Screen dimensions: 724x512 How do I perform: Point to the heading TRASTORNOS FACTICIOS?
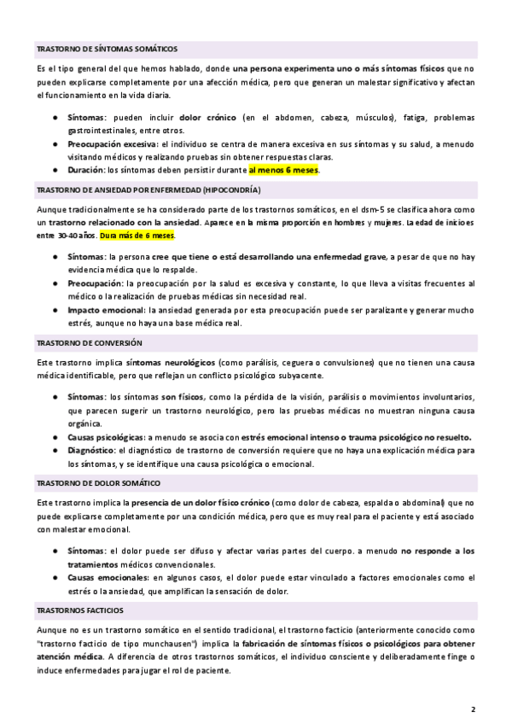point(80,610)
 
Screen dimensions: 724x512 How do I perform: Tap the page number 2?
point(474,709)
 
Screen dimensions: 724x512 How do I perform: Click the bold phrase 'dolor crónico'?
point(208,117)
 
